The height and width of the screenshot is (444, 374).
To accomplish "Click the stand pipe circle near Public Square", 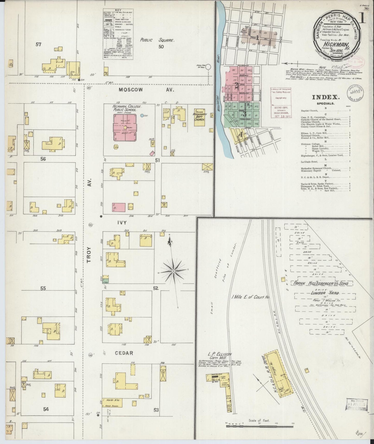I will pyautogui.click(x=208, y=67).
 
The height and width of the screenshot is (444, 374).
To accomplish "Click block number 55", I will pyautogui.click(x=43, y=288).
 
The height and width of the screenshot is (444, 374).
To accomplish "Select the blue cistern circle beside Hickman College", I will pyautogui.click(x=142, y=115).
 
